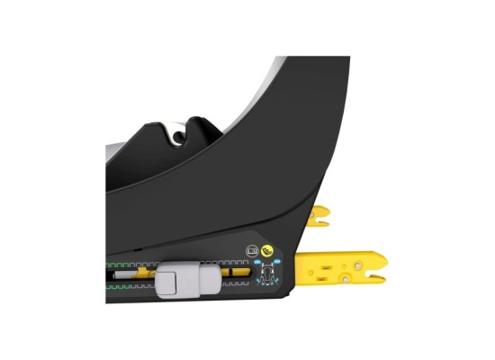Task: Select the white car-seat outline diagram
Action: pos(266,274)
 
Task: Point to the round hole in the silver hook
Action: pos(180,137)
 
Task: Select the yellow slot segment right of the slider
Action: pos(238,272)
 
